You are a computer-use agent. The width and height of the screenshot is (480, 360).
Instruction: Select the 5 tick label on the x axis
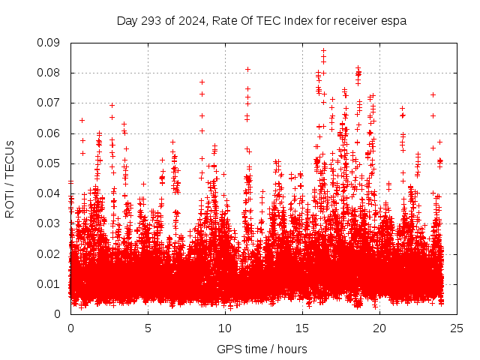click(148, 328)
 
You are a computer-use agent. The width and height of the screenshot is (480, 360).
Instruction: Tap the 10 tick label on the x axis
click(225, 328)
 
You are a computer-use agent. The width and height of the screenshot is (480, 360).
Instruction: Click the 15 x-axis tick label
click(302, 328)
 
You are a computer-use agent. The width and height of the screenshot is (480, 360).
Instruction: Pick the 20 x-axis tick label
click(379, 328)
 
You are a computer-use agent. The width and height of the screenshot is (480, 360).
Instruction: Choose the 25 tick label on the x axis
click(457, 328)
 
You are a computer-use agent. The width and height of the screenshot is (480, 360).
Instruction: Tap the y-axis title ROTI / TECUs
click(10, 178)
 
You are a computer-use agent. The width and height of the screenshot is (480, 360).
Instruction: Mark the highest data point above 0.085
click(323, 51)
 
